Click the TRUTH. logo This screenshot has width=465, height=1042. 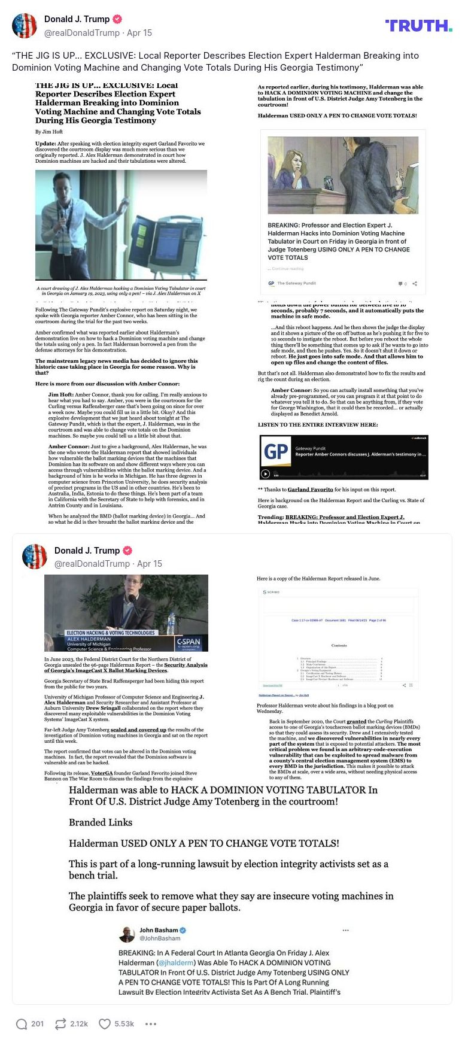[418, 25]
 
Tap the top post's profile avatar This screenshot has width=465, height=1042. [25, 25]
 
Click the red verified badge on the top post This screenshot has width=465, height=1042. [118, 19]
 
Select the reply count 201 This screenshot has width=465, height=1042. [37, 1023]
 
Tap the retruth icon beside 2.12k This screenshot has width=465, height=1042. [60, 1023]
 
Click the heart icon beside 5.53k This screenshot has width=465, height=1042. [105, 1023]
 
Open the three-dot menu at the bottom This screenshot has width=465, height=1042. [151, 1023]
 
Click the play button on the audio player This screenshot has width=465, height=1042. [266, 474]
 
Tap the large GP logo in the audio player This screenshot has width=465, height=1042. [276, 451]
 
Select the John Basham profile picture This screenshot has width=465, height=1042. [127, 934]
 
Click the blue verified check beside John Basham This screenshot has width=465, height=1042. [183, 930]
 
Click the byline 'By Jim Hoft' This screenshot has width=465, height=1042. [48, 132]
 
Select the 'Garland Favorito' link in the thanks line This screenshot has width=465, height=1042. [310, 489]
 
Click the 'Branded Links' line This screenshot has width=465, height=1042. [101, 822]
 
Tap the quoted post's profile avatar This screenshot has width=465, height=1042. [35, 557]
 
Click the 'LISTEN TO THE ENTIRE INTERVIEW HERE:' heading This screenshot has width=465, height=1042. [318, 424]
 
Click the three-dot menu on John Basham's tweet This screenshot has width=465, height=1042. [345, 930]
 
